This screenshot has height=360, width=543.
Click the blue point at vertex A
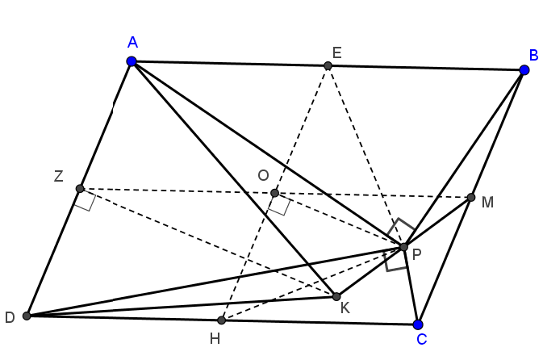pyautogui.click(x=132, y=61)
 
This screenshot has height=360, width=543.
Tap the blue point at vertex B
pyautogui.click(x=524, y=70)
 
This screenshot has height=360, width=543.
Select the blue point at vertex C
pyautogui.click(x=418, y=324)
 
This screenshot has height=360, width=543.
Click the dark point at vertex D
pyautogui.click(x=27, y=316)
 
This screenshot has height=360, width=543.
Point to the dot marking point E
pyautogui.click(x=328, y=65)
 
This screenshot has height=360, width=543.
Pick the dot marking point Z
pyautogui.click(x=80, y=189)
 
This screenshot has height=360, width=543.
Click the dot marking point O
pyautogui.click(x=274, y=193)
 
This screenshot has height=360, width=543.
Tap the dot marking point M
pyautogui.click(x=471, y=198)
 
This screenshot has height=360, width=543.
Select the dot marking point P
pyautogui.click(x=403, y=247)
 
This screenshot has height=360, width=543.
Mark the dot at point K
pyautogui.click(x=336, y=296)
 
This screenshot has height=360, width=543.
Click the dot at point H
pyautogui.click(x=222, y=320)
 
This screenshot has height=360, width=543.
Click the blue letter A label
pyautogui.click(x=132, y=42)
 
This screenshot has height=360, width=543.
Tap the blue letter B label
pyautogui.click(x=533, y=55)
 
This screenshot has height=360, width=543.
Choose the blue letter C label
pyautogui.click(x=422, y=339)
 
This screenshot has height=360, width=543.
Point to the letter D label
pyautogui.click(x=10, y=317)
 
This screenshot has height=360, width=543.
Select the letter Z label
pyautogui.click(x=59, y=176)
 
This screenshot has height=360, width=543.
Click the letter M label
pyautogui.click(x=487, y=203)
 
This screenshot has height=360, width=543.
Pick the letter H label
pyautogui.click(x=215, y=338)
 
